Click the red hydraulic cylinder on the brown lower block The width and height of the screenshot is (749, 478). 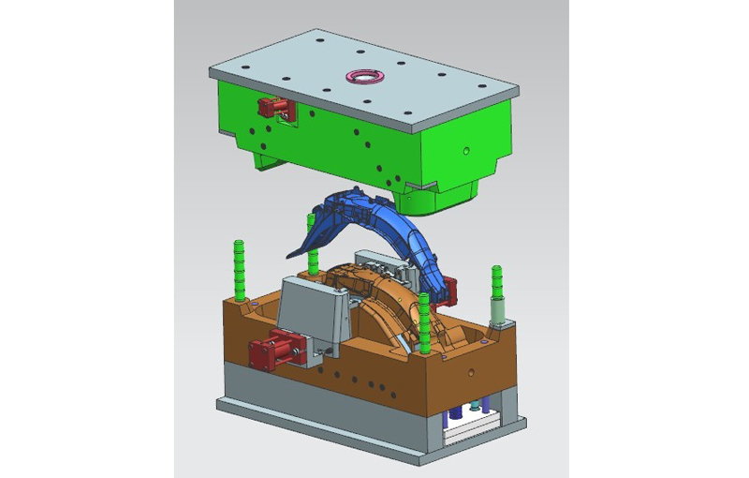(272, 351)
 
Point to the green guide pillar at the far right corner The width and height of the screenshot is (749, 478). (496, 286)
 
